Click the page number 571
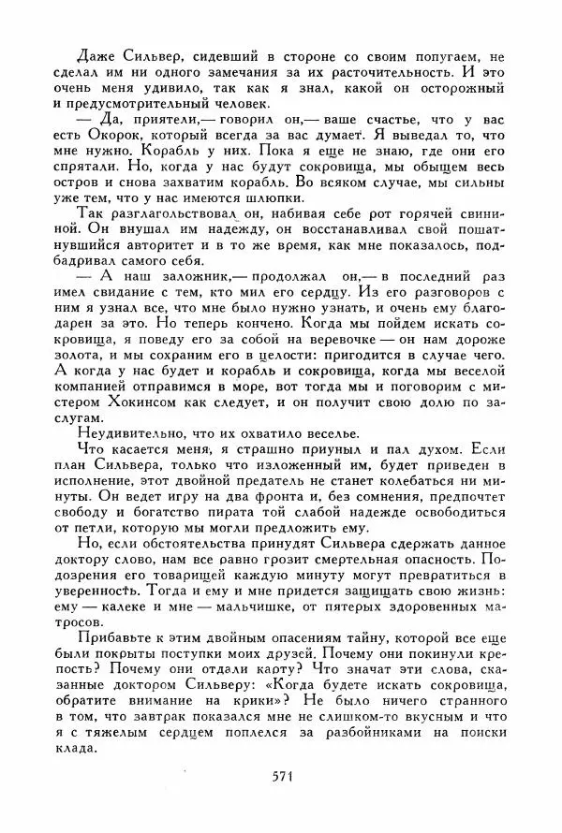coord(284,775)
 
